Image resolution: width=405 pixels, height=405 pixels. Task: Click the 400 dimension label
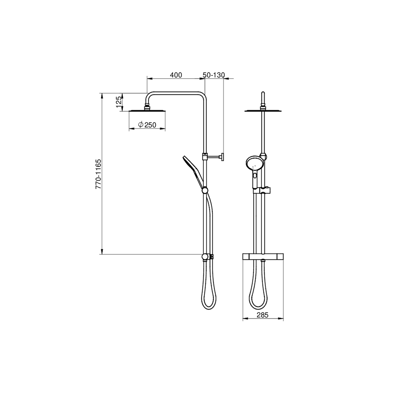pos(176,75)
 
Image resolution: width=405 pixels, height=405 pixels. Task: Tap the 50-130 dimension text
pos(214,75)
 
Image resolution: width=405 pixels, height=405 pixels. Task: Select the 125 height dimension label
pos(119,102)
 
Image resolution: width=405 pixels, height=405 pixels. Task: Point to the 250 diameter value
pos(151,125)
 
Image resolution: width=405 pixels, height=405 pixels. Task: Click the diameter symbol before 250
pos(141,125)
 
